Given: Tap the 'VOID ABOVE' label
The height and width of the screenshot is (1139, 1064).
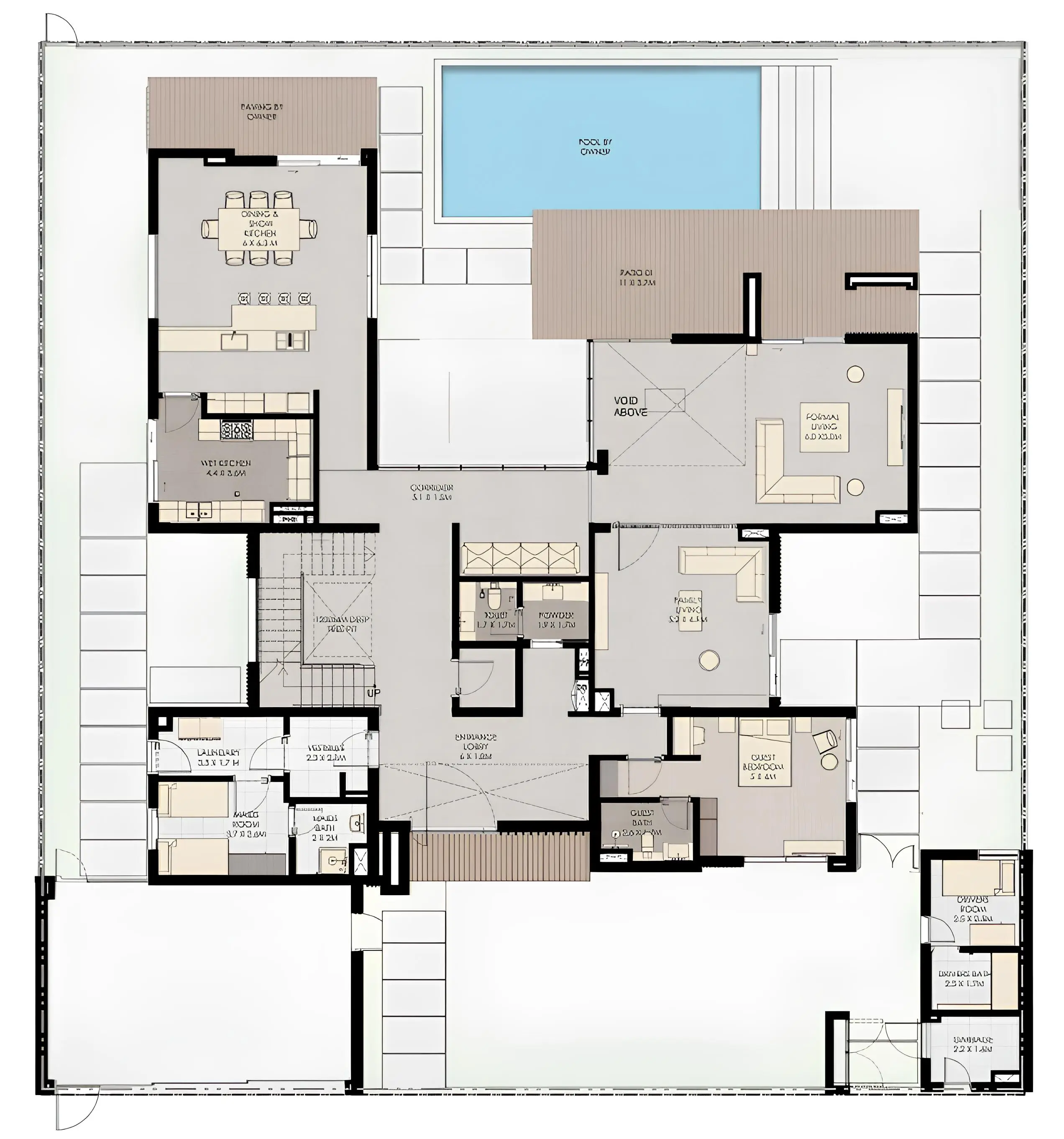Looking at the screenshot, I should click(630, 406).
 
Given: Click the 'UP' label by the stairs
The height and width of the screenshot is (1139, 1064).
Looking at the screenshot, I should click(373, 693).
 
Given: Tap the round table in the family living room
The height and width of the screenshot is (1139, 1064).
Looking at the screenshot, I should click(709, 660).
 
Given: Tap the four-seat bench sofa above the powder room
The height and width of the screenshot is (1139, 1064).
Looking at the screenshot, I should click(520, 558).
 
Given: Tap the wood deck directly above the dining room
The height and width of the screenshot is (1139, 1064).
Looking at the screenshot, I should click(262, 113).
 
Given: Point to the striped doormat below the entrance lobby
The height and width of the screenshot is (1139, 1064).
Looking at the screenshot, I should click(500, 856).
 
